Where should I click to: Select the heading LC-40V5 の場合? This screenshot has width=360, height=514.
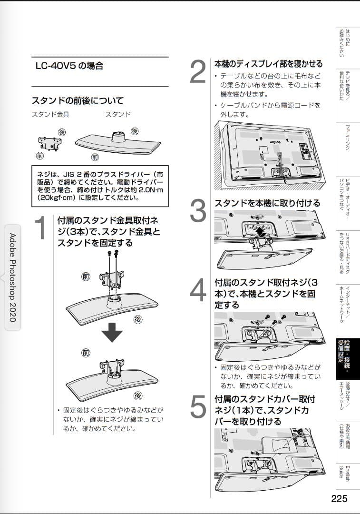[69, 66]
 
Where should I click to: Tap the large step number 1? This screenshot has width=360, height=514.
[41, 228]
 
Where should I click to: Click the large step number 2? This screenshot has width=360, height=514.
[198, 73]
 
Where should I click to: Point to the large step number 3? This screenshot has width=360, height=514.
[198, 211]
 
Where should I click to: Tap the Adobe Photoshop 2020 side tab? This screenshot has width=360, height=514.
[12, 277]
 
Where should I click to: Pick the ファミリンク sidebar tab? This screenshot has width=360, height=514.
[348, 138]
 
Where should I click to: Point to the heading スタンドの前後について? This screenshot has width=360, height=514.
[78, 101]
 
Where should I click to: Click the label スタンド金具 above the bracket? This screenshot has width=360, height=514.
[48, 115]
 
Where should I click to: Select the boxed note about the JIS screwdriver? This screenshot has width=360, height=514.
[99, 186]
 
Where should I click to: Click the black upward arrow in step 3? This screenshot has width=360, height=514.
[260, 232]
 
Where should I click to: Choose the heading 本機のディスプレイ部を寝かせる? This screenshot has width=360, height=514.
[268, 64]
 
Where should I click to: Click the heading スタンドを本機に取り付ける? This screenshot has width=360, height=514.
[267, 203]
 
